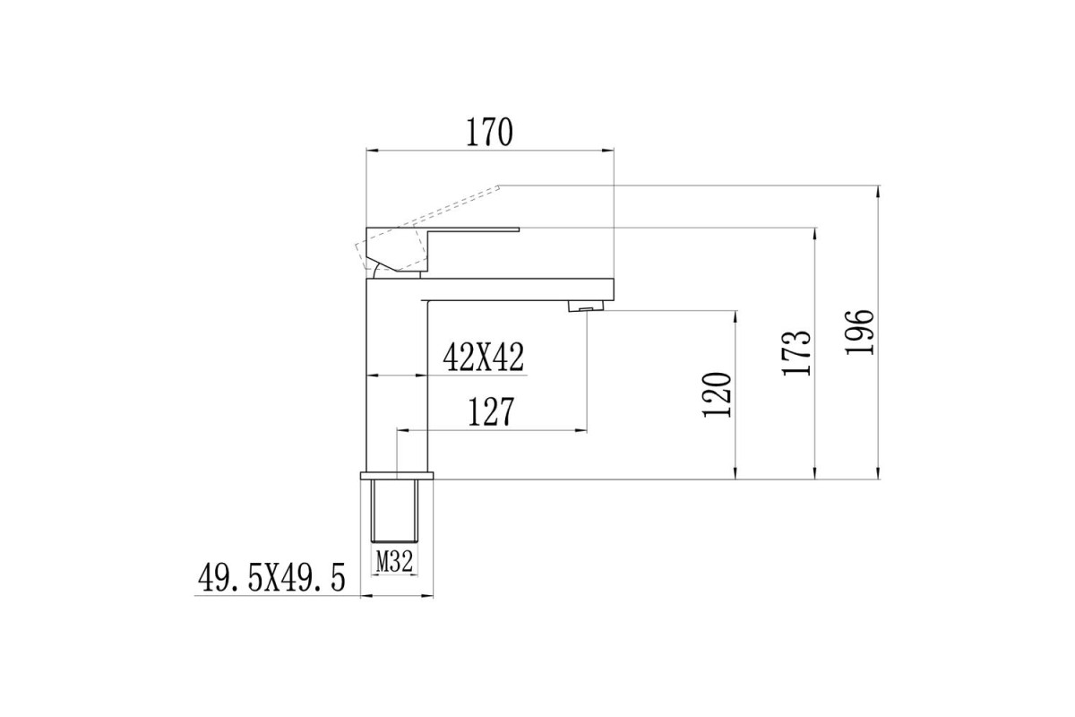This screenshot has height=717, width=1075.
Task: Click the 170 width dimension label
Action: (489, 132)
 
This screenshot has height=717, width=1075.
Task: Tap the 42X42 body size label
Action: (483, 358)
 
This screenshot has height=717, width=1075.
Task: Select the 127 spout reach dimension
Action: (491, 411)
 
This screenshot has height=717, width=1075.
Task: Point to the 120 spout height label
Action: (717, 394)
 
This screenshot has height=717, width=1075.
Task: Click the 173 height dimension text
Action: (796, 353)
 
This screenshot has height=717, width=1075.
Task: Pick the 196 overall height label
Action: (859, 333)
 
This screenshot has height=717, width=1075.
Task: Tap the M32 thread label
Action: (394, 561)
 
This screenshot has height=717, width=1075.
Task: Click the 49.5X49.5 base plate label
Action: (271, 578)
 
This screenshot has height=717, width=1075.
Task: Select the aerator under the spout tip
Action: (586, 306)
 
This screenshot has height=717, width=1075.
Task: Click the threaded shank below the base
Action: (394, 511)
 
